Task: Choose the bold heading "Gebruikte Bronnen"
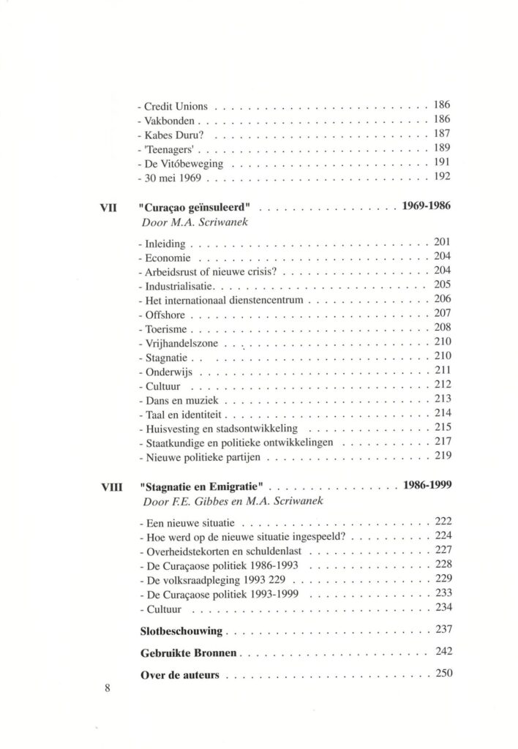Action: pyautogui.click(x=188, y=652)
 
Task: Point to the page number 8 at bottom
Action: pyautogui.click(x=108, y=688)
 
